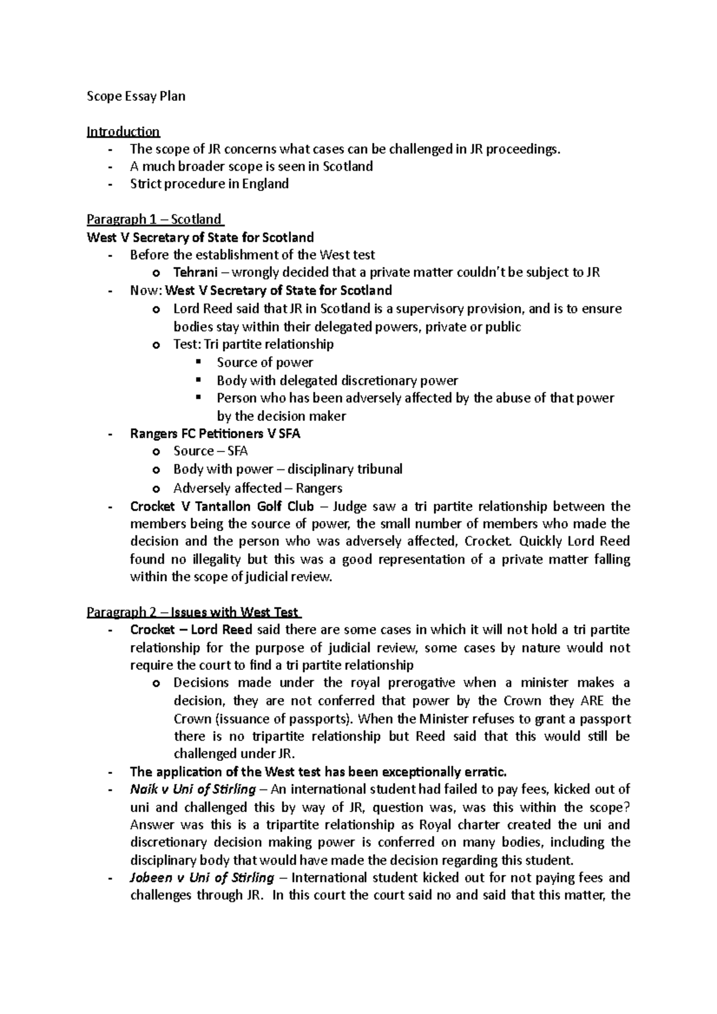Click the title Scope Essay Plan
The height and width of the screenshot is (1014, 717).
point(136,96)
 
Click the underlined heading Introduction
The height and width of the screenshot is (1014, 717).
point(123,131)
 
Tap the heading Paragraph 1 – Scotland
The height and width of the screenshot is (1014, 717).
point(154,219)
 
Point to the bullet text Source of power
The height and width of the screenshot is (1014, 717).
point(265,362)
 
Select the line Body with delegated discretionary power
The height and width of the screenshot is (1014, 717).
point(337,380)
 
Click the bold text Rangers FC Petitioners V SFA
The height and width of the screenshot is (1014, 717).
point(215,434)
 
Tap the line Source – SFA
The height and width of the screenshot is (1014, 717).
point(210,451)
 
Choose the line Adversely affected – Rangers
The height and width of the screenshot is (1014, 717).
point(258,488)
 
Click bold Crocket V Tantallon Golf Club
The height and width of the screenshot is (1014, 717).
point(222,507)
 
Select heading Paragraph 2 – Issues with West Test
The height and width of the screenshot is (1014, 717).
point(193,612)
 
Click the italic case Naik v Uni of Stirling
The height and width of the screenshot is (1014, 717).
point(192,789)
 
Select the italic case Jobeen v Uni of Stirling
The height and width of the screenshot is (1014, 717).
point(202,878)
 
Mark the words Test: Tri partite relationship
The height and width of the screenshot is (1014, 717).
point(253,345)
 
